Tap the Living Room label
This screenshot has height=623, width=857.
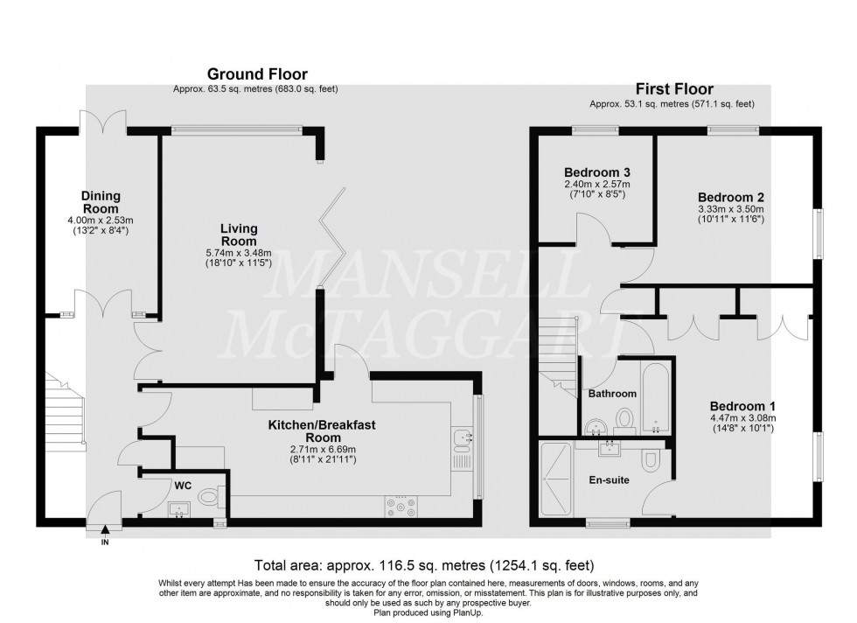(238, 234)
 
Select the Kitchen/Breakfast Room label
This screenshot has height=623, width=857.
(310, 431)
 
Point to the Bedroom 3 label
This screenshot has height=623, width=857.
(597, 172)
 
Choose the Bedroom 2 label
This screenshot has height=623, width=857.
(731, 197)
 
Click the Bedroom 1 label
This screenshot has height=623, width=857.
(742, 406)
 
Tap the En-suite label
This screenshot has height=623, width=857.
(609, 479)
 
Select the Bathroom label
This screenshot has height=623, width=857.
(612, 394)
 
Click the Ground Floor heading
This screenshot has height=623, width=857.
(256, 74)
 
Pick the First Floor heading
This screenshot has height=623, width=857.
(673, 89)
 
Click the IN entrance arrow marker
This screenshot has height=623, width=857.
(105, 530)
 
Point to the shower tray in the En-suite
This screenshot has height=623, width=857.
(556, 481)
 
